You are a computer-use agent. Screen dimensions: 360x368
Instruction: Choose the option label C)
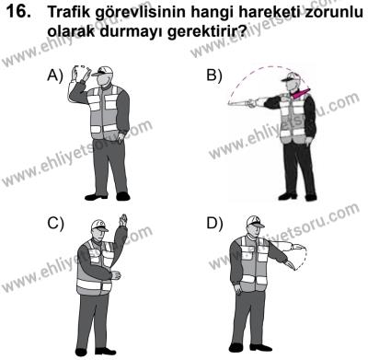point(55,224)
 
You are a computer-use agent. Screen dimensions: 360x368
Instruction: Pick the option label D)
point(215,224)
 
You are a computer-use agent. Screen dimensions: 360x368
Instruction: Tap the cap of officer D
point(255,222)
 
